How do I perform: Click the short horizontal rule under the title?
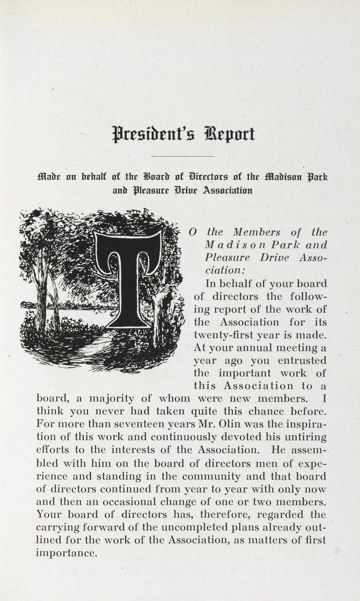(x=182, y=155)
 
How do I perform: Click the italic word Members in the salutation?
(x=256, y=232)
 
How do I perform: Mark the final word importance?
(x=66, y=553)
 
